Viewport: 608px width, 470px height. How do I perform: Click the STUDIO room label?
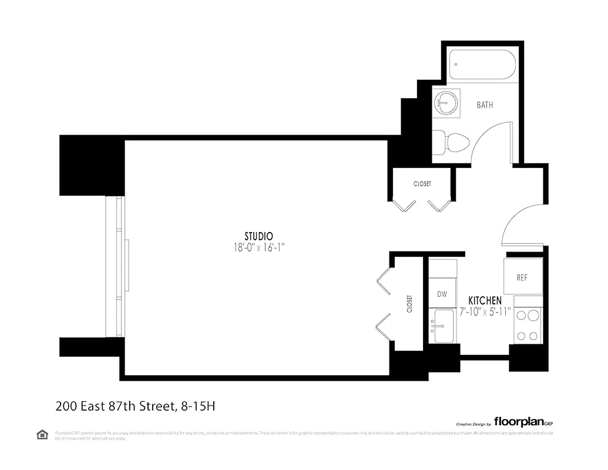tap(258, 236)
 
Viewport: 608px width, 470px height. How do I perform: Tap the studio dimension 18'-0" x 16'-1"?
tap(259, 248)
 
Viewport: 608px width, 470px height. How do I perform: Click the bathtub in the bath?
tap(482, 65)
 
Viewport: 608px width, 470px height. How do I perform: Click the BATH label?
tap(485, 105)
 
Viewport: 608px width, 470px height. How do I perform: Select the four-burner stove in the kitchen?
tap(527, 326)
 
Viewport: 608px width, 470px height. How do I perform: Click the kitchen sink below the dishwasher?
tap(442, 326)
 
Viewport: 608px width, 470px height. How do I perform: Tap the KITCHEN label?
tap(485, 300)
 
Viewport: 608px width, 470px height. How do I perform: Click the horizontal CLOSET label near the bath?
tap(422, 184)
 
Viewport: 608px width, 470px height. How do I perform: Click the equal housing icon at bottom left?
tap(42, 435)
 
